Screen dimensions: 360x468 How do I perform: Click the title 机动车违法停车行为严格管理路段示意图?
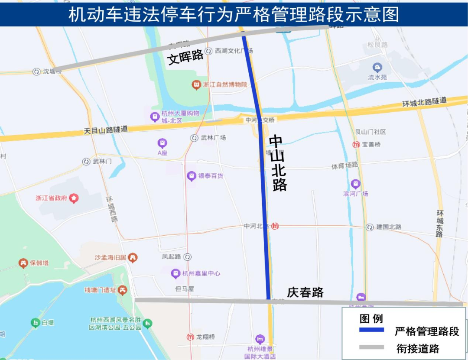point(234,14)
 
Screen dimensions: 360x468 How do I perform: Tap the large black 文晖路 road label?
point(185,57)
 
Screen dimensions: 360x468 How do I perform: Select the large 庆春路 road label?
point(305,292)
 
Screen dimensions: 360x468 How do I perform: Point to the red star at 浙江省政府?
point(74,198)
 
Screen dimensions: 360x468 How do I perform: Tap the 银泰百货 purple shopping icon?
point(191,176)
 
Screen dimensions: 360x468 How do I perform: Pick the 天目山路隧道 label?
point(106,129)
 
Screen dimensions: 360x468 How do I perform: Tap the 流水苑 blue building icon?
point(377,68)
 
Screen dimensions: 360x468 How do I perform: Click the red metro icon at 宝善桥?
point(356,144)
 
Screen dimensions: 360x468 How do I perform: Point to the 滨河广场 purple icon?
point(356,184)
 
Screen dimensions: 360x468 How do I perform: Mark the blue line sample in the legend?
point(371,330)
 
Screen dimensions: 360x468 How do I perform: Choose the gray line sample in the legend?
point(371,347)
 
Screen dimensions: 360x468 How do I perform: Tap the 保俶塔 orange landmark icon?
point(23,263)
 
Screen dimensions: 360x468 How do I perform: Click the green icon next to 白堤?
point(35,323)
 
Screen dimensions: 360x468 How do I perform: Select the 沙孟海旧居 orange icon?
point(133,258)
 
